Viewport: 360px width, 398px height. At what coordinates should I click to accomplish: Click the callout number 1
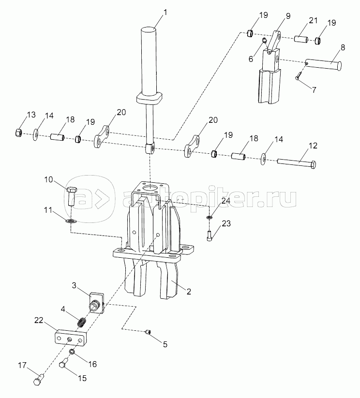point(165,12)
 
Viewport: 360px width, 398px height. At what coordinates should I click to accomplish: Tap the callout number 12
point(313,146)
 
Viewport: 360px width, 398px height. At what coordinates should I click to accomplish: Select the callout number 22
point(39,320)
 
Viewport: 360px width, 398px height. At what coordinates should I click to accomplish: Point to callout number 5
point(165,344)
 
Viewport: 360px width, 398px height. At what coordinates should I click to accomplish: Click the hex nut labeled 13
point(18,132)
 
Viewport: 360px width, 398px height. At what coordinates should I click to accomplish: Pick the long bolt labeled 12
point(297,164)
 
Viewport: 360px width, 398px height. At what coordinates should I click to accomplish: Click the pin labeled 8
point(323,64)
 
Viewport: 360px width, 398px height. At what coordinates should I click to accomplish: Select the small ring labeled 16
point(72,352)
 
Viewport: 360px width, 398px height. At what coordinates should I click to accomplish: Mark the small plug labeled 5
point(148,331)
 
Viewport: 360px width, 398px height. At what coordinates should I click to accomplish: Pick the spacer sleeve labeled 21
point(301,39)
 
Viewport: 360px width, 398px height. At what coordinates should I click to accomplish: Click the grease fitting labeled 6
point(265,39)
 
